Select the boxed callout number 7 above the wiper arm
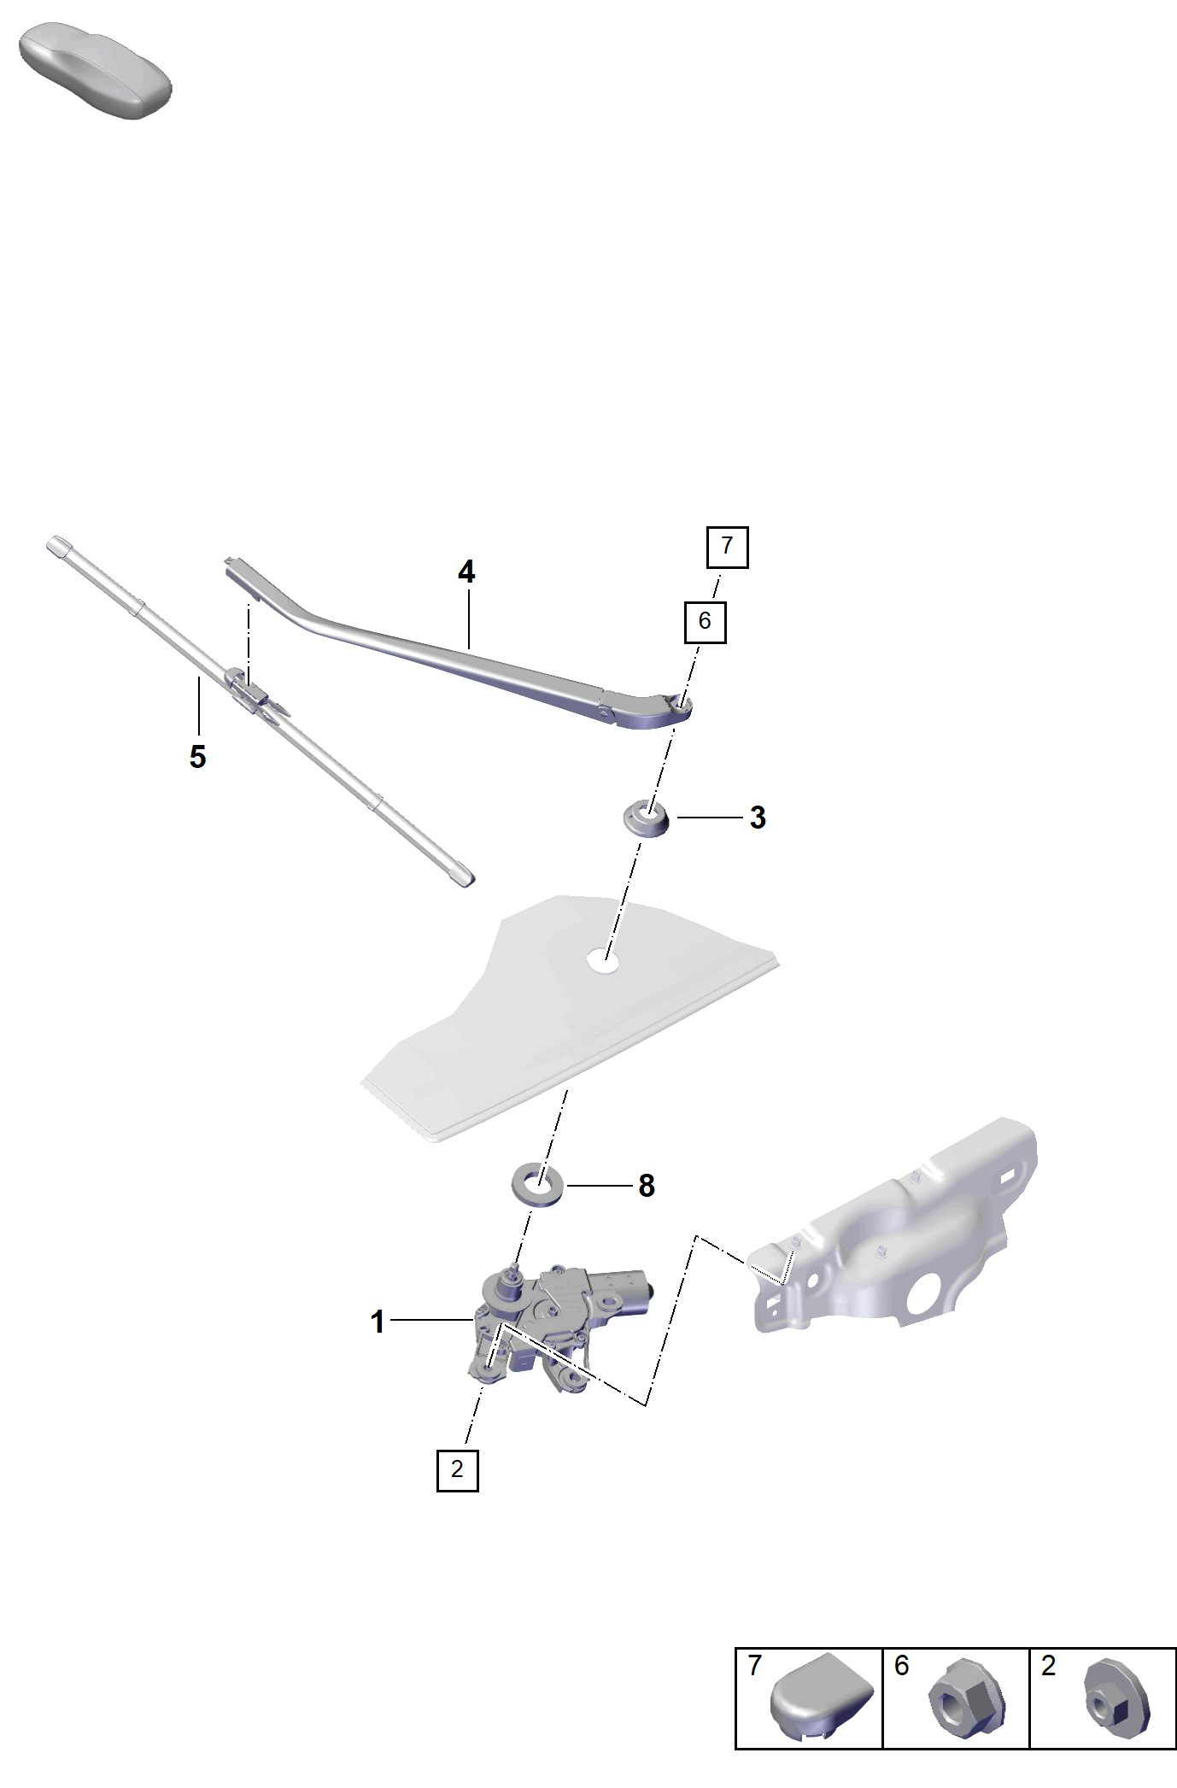[727, 547]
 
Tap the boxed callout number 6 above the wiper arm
[705, 622]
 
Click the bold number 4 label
[466, 572]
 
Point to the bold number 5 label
[197, 757]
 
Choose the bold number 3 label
[758, 818]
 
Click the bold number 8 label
[647, 1186]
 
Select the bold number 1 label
[378, 1322]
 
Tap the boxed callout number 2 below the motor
[457, 1470]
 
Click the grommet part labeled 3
[647, 818]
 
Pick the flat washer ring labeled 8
[537, 1184]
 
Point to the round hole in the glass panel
[604, 962]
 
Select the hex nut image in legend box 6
[967, 1700]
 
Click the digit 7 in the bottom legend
[754, 1666]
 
